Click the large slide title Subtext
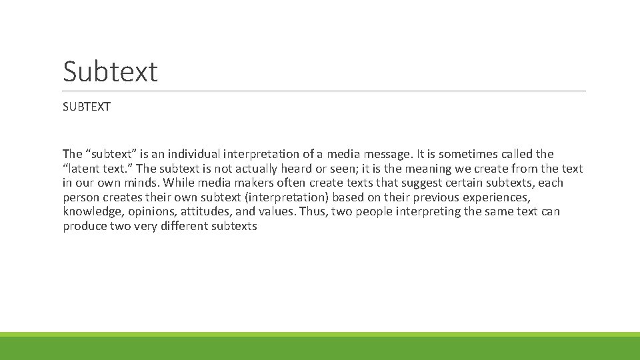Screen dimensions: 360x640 [x=110, y=71]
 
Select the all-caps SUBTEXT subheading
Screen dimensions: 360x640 [x=87, y=107]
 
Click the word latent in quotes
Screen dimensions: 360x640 [x=85, y=169]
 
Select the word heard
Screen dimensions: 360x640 [x=293, y=169]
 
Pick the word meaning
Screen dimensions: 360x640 [x=422, y=169]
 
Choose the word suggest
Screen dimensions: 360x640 [x=421, y=183]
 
